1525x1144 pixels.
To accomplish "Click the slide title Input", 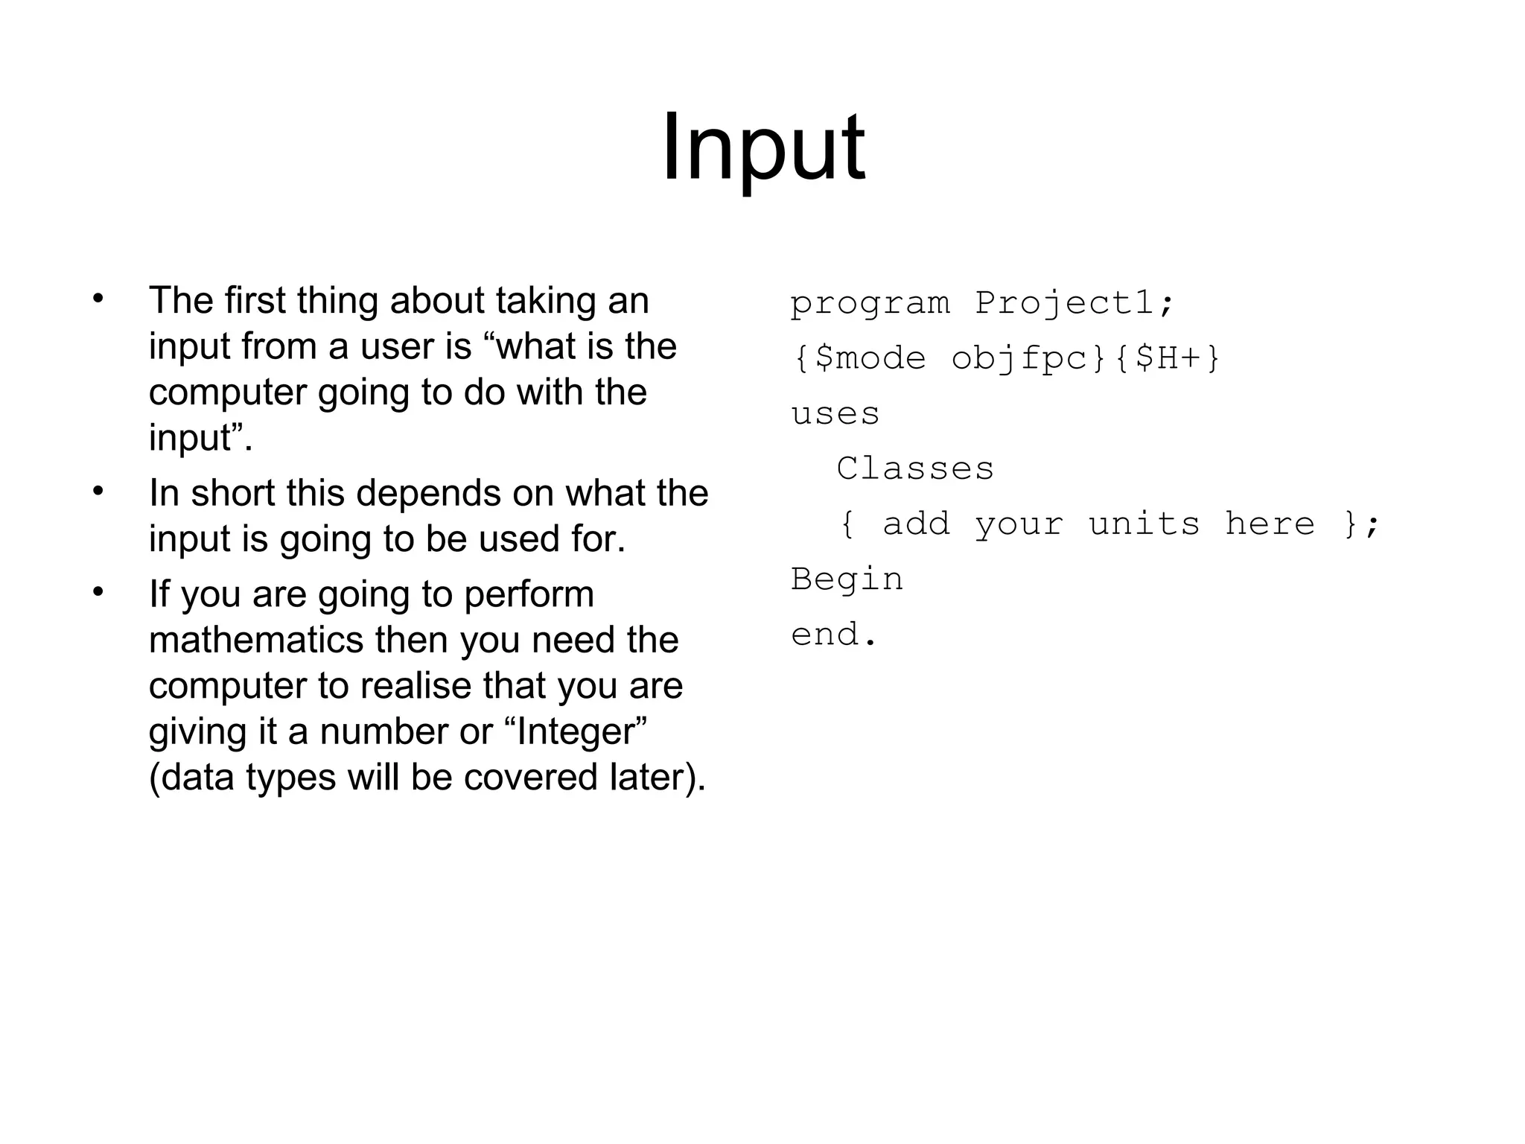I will click(763, 147).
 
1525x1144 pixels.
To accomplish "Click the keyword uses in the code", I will click(835, 413).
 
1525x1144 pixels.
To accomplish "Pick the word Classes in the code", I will click(915, 468).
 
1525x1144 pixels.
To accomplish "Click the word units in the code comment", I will click(1144, 524).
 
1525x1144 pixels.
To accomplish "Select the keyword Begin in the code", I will click(847, 579).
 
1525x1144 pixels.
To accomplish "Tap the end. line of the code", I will click(835, 635).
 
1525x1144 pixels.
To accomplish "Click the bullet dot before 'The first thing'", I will click(98, 299).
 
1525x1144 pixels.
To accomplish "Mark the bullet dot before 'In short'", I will click(98, 492).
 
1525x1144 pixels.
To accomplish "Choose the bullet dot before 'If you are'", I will click(98, 593).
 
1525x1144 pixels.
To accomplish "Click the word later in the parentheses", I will click(649, 778).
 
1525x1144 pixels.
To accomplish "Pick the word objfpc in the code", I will click(1019, 358).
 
